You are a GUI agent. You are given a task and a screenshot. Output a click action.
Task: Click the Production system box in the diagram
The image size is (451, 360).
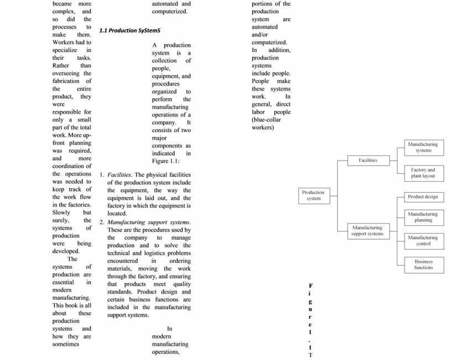[x=313, y=195]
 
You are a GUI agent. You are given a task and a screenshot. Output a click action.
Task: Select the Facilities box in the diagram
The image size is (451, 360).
[x=368, y=160]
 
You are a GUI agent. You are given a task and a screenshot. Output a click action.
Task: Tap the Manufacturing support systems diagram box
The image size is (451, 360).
[x=367, y=230]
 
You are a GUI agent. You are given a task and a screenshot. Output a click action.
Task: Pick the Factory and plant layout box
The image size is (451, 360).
[x=423, y=173]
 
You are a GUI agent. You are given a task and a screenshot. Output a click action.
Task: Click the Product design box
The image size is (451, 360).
[x=423, y=197]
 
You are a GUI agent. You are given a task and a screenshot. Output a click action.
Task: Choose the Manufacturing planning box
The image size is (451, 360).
[x=423, y=217]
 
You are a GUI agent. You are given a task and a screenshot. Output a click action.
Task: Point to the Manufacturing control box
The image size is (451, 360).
[x=423, y=241]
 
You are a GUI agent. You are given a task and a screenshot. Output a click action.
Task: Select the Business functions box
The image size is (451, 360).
[x=423, y=264]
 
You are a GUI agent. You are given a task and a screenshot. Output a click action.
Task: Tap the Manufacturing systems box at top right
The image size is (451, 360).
[x=423, y=147]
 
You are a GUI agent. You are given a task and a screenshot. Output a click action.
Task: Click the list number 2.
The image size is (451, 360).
[x=102, y=222]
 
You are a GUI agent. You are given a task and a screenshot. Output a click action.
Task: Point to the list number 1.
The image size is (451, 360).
[x=102, y=175]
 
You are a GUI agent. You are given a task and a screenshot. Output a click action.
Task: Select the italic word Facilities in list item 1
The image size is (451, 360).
[x=119, y=175]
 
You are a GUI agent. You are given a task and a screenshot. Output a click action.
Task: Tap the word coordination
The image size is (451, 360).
[x=72, y=166]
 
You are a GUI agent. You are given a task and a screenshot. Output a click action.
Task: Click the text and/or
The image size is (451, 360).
[x=261, y=34]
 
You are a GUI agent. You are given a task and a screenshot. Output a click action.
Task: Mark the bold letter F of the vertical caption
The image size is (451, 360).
[x=311, y=285]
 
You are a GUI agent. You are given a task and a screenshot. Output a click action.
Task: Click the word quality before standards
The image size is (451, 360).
[x=178, y=284]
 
